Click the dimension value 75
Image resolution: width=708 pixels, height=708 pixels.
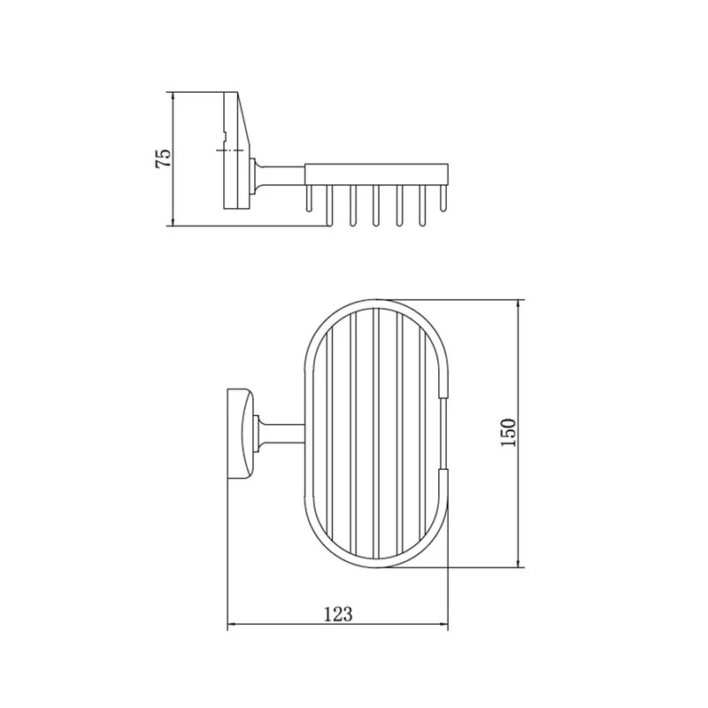(164, 158)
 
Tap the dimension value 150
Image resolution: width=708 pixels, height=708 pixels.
(508, 433)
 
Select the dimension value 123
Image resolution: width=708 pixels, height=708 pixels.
(338, 614)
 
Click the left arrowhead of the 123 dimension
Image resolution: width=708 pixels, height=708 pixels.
(232, 625)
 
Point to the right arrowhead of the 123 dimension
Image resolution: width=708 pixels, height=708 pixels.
(442, 625)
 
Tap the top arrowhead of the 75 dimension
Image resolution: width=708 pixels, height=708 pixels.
(173, 98)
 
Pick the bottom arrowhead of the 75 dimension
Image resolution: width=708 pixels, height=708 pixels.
(173, 219)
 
